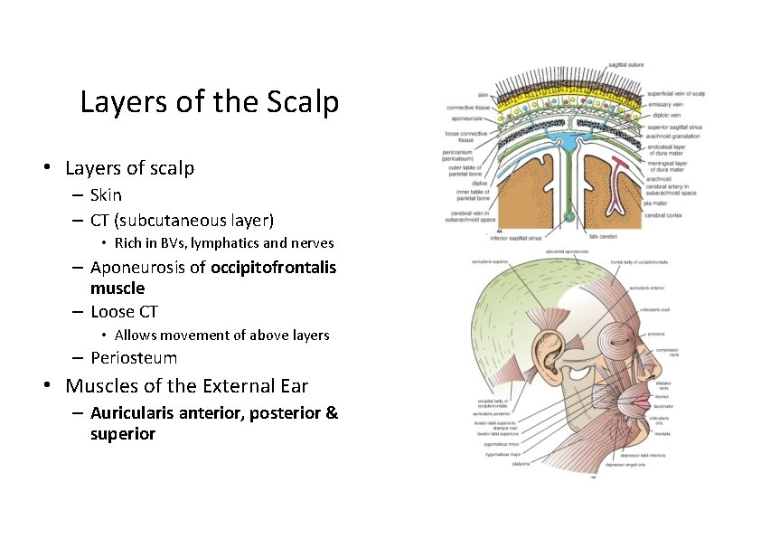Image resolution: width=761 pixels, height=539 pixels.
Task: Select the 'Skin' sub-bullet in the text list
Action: (106, 194)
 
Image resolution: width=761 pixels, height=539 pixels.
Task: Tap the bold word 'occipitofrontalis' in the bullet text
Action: (273, 267)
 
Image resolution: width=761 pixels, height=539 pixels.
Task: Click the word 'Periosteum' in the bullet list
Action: (134, 357)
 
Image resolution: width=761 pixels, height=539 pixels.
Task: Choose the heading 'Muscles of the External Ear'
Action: (186, 386)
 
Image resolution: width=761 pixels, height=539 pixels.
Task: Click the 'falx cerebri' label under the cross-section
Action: (603, 235)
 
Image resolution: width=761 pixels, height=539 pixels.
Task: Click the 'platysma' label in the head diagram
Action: (521, 464)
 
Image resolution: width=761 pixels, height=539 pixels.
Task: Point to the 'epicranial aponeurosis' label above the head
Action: (568, 251)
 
